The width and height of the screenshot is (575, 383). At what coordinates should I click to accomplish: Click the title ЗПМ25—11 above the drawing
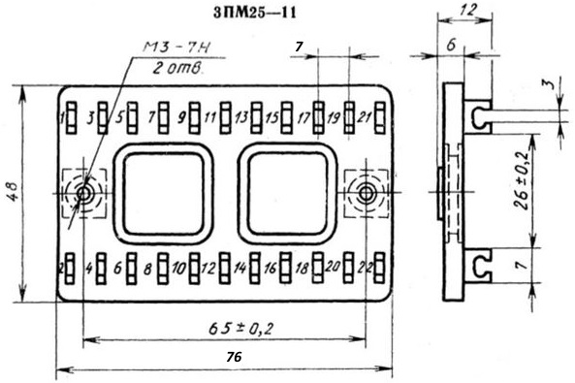(254, 14)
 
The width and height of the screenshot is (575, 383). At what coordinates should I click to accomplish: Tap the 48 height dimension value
(14, 192)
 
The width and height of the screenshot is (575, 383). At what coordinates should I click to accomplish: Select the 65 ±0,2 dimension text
(240, 329)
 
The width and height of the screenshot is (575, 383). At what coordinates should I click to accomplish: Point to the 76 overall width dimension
(234, 357)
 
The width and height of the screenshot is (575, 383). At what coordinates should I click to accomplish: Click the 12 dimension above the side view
(468, 11)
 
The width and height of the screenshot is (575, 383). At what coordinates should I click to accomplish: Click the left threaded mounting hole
(84, 193)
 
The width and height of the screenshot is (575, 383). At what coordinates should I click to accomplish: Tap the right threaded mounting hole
(366, 193)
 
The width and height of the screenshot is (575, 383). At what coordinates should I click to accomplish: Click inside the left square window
(164, 194)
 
